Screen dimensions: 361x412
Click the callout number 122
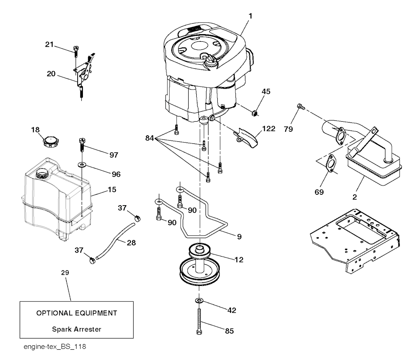(269, 129)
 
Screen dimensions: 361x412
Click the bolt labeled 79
(300, 106)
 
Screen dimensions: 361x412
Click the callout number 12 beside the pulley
(239, 260)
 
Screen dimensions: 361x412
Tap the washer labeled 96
(82, 164)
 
